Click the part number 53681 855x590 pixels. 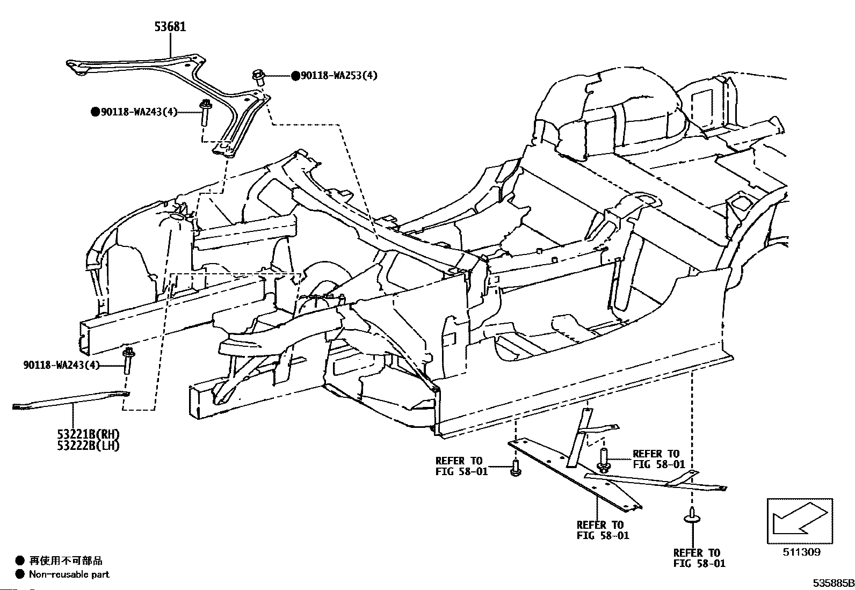click(169, 26)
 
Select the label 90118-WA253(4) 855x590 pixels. click(338, 76)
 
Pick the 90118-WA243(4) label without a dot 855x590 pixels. click(62, 365)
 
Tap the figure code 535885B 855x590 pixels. click(832, 583)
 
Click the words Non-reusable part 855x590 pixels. click(69, 574)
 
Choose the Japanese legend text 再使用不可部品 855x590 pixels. click(66, 561)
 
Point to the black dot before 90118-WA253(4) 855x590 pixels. click(295, 76)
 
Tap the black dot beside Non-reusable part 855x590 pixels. click(20, 574)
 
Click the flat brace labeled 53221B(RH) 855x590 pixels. click(70, 400)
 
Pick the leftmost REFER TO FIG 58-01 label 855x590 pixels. click(460, 467)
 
